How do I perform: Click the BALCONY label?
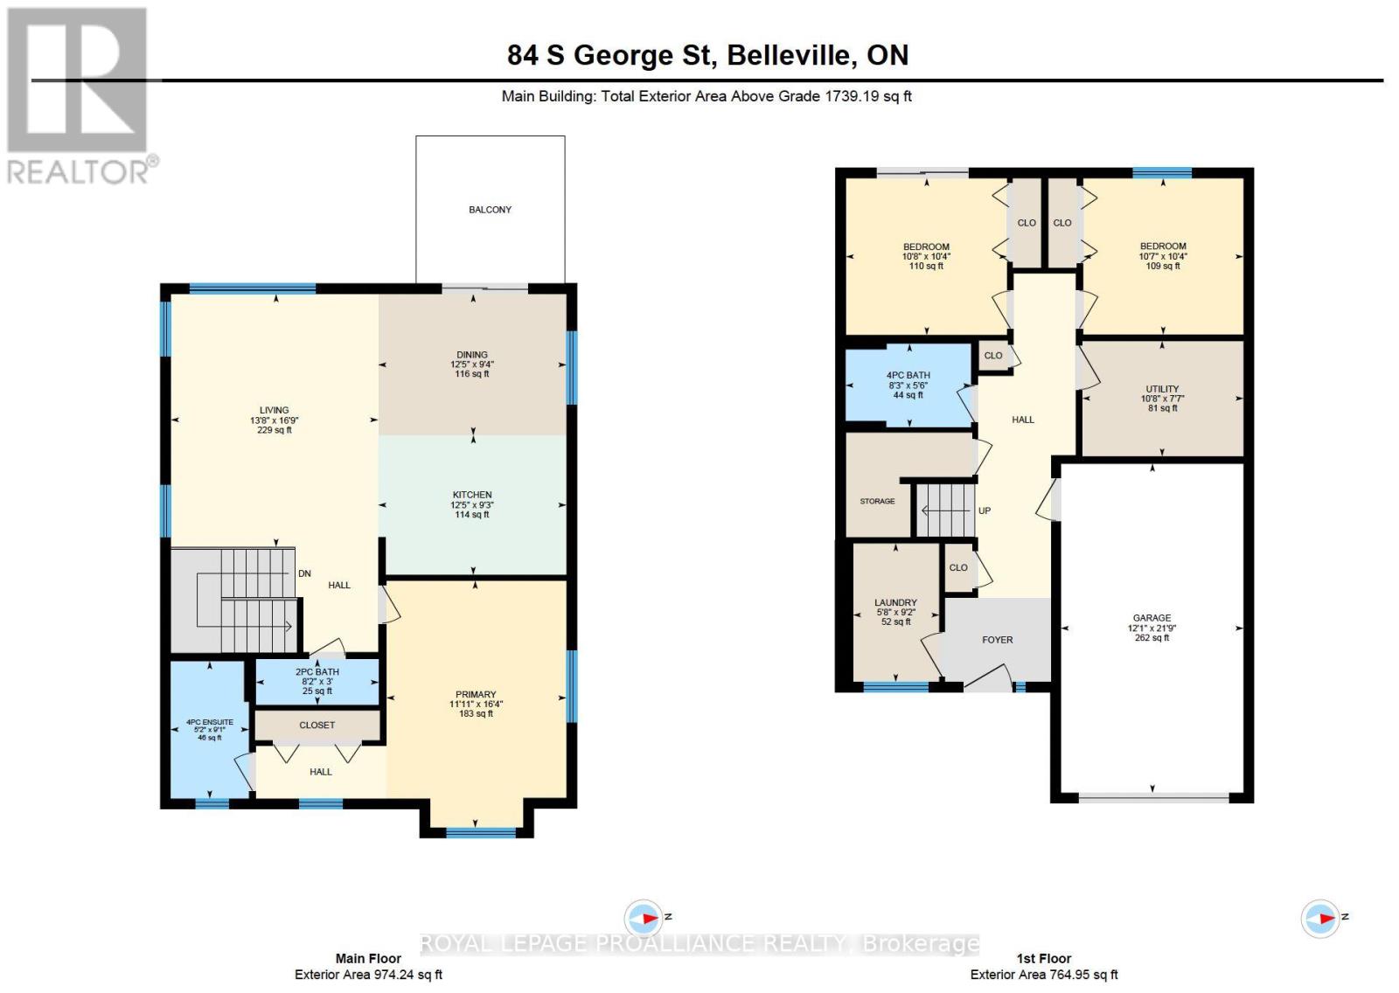tap(490, 210)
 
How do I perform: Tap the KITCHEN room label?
tap(472, 495)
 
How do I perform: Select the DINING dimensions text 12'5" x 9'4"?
tap(472, 365)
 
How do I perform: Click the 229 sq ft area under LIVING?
tap(274, 430)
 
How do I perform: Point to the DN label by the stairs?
tap(304, 574)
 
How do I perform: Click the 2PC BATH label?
tap(317, 672)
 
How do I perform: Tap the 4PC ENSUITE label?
tap(210, 723)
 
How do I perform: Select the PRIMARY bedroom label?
tap(476, 694)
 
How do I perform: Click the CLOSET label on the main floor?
tap(317, 726)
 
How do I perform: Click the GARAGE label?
tap(1152, 618)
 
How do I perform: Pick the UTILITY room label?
tap(1162, 389)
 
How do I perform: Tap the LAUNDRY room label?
tap(895, 602)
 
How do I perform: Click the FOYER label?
tap(997, 640)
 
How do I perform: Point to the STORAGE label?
tap(877, 502)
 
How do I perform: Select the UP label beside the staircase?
tap(985, 510)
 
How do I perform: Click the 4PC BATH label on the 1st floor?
tap(908, 375)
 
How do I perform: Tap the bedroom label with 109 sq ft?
tap(1163, 247)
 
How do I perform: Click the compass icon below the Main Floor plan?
tap(644, 919)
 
